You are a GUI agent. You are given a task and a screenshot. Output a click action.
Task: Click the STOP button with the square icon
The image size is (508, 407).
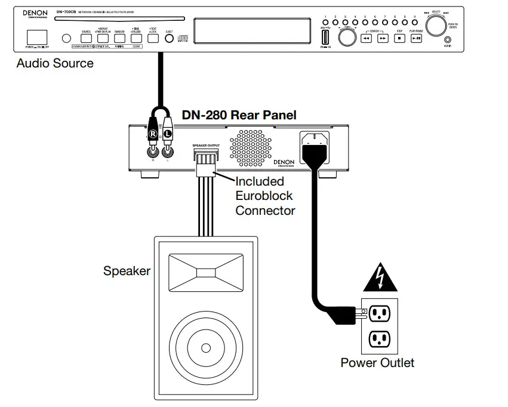[399, 38]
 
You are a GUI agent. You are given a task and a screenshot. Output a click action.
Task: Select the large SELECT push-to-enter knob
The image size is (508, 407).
[437, 26]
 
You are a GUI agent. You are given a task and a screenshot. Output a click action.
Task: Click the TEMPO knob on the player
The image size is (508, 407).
[346, 37]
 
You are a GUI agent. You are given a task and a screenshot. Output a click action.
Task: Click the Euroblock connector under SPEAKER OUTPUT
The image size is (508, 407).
[205, 160]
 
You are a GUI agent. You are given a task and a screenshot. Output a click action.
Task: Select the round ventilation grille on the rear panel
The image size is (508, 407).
[250, 146]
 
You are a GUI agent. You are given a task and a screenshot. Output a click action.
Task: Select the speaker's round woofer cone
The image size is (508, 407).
[205, 347]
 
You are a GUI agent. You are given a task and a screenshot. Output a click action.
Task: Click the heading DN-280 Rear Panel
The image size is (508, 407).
[239, 115]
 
